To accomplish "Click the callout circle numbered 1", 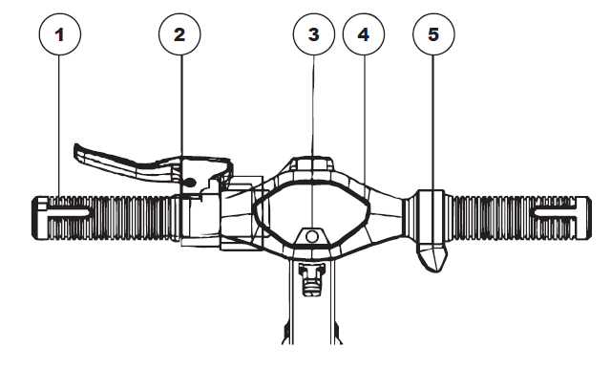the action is pos(60,34).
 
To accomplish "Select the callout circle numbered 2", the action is pos(179,34).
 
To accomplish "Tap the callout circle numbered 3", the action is pos(314,34).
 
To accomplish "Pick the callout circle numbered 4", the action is pos(364,34).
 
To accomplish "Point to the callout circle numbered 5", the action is pos(433,34).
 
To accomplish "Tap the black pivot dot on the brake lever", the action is pos(190,182).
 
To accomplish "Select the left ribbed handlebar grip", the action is pos(105,217).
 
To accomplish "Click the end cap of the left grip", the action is pos(39,217).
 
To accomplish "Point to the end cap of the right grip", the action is pos(583,217).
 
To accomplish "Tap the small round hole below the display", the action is pos(312,236).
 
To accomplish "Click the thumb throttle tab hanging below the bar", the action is pos(432,256).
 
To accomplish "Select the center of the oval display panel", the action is pos(312,213).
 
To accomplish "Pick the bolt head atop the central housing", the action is pos(313,163).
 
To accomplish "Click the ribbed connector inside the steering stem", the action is pos(311,279).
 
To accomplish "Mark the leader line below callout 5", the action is pos(433,122).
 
